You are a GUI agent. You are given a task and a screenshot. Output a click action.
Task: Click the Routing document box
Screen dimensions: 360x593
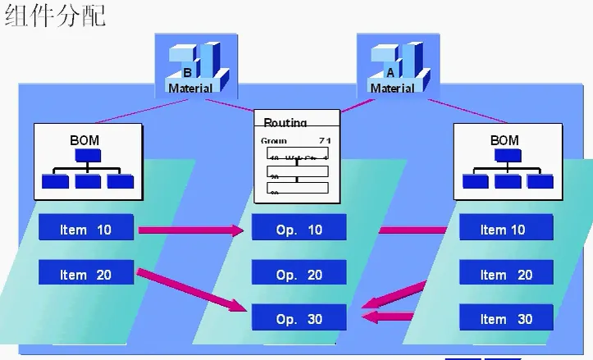296,156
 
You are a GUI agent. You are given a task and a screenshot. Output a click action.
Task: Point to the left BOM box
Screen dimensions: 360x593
88,162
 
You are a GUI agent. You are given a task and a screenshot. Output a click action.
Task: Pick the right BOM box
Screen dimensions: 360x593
504,162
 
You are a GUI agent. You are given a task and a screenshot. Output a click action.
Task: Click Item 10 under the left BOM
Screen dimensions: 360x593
85,230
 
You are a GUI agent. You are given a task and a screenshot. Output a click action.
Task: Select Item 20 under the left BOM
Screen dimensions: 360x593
85,275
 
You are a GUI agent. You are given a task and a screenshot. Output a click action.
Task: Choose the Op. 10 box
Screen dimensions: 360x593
299,230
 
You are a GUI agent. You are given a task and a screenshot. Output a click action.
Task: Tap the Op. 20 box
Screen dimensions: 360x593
299,275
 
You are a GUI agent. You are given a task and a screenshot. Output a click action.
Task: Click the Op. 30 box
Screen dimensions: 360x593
299,319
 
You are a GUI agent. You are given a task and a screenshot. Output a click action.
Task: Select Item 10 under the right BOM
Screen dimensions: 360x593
505,230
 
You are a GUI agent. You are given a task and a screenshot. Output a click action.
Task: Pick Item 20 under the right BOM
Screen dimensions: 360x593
505,275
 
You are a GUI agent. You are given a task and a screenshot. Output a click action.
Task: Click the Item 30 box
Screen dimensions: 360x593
505,319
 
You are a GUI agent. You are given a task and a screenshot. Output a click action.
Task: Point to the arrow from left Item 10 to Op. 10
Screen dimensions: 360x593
190,230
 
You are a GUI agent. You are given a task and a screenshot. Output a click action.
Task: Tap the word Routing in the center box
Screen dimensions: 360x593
285,123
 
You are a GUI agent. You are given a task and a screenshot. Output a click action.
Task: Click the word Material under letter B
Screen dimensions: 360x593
190,88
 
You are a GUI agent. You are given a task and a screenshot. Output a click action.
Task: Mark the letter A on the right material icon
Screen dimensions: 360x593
390,73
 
